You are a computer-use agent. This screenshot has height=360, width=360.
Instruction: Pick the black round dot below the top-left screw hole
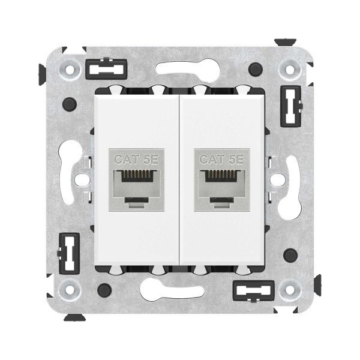point(71,101)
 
